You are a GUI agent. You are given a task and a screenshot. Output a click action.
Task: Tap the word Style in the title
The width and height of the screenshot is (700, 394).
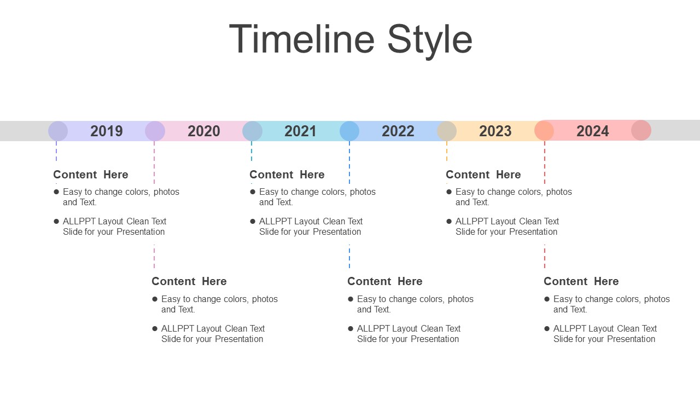click(430, 41)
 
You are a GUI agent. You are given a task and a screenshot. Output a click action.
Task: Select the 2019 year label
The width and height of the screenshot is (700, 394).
click(107, 131)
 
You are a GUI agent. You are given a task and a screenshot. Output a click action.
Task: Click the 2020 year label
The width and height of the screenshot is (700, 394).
click(204, 131)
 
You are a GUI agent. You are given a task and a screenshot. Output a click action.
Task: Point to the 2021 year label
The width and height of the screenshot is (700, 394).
click(300, 131)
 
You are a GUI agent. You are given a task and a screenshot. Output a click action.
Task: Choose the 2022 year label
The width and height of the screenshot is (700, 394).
click(398, 131)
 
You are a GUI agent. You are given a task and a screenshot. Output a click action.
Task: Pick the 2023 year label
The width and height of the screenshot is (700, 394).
click(495, 131)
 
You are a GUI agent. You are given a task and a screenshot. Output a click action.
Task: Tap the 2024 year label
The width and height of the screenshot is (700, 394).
click(592, 131)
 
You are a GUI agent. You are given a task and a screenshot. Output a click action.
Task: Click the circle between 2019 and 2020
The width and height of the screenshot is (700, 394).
click(155, 131)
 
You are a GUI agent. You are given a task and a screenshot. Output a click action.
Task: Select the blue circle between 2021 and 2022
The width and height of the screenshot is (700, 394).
click(349, 131)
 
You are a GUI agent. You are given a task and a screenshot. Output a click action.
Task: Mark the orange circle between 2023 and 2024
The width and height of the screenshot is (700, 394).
click(544, 130)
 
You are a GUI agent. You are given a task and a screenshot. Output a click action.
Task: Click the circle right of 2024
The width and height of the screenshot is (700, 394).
click(641, 130)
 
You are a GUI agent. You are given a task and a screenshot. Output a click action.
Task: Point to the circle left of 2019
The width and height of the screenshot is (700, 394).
click(58, 131)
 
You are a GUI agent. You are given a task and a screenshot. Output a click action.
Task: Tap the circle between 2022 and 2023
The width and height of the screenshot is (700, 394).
click(447, 131)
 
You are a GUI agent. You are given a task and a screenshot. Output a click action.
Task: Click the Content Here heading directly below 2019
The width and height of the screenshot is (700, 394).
click(91, 175)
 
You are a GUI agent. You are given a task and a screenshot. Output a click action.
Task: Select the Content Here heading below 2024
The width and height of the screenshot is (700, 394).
click(581, 281)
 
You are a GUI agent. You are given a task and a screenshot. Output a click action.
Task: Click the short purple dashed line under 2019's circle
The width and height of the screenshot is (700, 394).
click(56, 151)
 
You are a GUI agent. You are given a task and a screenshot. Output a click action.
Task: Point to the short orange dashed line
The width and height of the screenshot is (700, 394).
click(447, 151)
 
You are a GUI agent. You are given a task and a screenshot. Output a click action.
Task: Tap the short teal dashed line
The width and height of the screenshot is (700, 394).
click(252, 151)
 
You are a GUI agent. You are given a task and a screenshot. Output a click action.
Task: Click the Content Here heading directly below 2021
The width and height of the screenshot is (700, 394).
click(287, 175)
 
